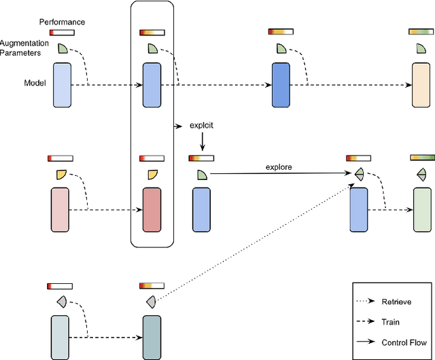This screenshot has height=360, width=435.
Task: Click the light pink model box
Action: tap(61, 210)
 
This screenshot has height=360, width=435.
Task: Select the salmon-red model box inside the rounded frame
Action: tap(152, 210)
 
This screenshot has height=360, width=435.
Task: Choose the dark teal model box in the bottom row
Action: tap(151, 337)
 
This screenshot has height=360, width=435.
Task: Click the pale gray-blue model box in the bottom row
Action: tap(60, 337)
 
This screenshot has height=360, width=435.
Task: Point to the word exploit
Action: tap(202, 126)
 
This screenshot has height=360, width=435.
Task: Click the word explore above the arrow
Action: tap(279, 166)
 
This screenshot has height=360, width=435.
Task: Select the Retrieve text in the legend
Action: tap(396, 302)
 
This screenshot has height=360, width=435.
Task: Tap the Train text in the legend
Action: tap(390, 323)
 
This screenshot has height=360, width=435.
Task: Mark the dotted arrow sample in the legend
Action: tap(367, 302)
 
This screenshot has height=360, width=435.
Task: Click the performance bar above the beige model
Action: tap(421, 32)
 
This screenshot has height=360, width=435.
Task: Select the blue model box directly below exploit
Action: tap(202, 211)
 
